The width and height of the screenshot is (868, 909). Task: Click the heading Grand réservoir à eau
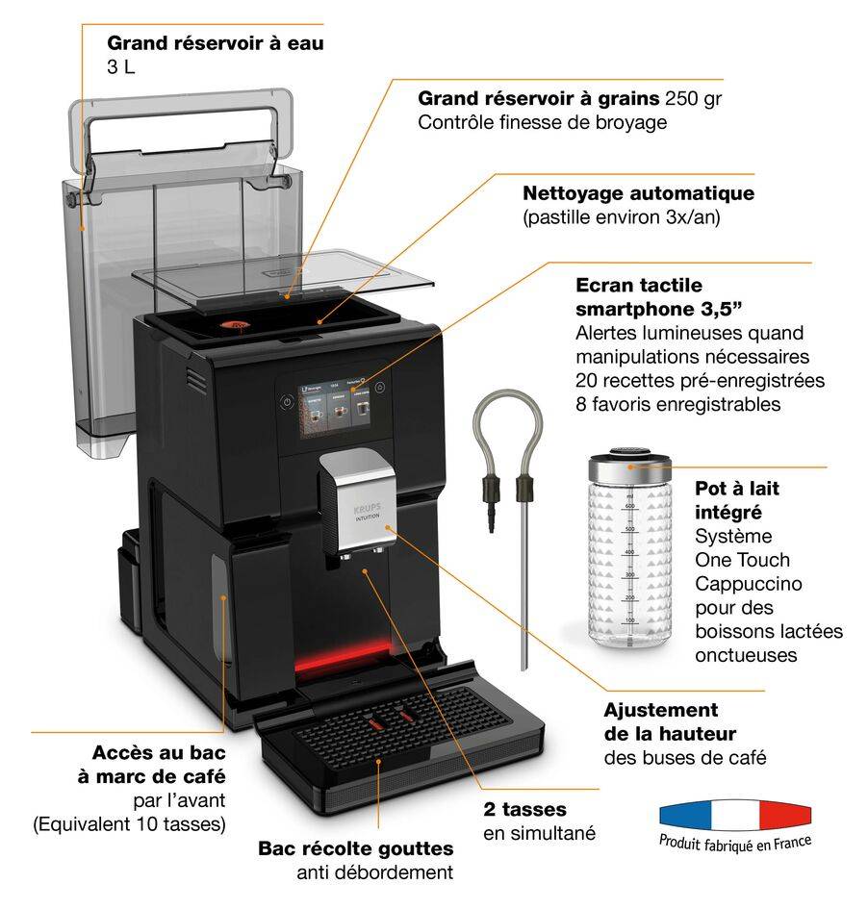(x=216, y=43)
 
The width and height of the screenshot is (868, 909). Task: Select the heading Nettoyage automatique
(x=638, y=193)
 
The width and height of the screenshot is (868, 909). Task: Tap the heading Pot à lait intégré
(x=737, y=500)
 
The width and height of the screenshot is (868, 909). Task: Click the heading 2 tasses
(x=524, y=809)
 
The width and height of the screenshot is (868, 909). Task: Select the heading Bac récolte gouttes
(x=356, y=848)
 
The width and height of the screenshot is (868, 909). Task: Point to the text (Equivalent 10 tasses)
(x=130, y=823)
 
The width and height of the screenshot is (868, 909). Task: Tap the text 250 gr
(x=695, y=98)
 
